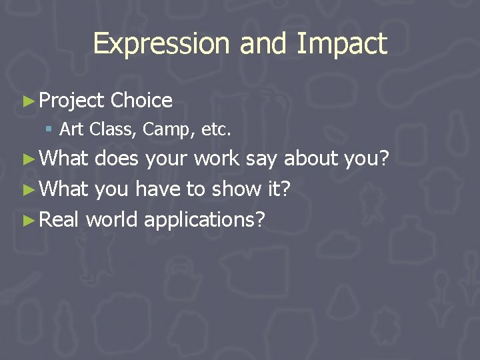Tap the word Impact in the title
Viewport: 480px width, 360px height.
click(x=342, y=45)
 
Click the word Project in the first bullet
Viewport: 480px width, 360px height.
click(x=72, y=101)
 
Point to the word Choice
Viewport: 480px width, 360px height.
click(x=141, y=101)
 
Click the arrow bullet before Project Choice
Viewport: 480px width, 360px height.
click(x=28, y=101)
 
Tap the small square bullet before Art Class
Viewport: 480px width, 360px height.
click(x=50, y=129)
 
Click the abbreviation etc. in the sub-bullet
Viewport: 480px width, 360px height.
click(x=215, y=129)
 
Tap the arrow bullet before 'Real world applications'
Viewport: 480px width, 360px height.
click(x=28, y=219)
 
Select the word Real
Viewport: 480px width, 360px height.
click(x=59, y=219)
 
